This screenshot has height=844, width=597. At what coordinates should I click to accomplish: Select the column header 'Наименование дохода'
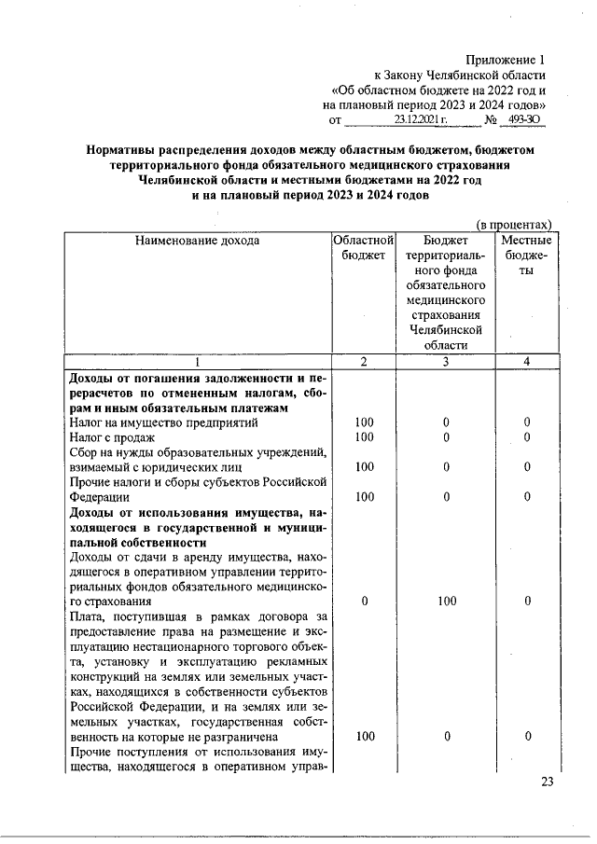(197, 241)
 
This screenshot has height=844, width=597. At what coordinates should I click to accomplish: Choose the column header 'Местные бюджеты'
(527, 256)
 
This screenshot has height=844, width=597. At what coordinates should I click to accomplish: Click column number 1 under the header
(197, 362)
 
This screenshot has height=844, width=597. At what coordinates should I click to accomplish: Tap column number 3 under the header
(446, 362)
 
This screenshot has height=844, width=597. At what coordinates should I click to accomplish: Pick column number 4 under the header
(527, 362)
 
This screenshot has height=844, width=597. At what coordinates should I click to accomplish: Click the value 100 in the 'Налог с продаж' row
(365, 437)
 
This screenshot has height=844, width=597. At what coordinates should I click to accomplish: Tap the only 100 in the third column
(446, 602)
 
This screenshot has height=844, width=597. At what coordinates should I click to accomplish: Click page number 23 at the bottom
(547, 782)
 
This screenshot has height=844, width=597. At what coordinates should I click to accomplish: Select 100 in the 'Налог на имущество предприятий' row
(365, 422)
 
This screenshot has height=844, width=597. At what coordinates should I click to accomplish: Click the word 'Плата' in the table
(88, 616)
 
